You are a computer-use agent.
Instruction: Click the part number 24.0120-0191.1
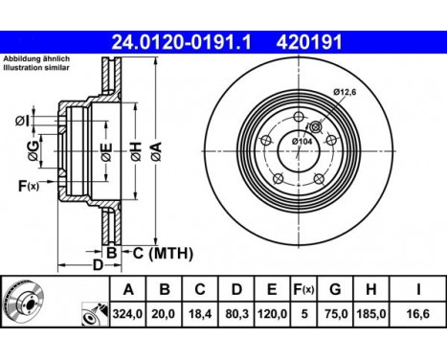coord(182,42)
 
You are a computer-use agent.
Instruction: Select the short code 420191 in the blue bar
coord(309,42)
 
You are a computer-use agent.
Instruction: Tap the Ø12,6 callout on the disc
coord(345,93)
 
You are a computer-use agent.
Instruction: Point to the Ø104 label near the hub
coord(302,141)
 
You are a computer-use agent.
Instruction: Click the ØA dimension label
coord(157,151)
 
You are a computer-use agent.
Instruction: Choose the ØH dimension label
coord(136,151)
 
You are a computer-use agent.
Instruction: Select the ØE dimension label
coord(106,152)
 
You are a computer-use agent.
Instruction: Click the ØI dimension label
coord(22,121)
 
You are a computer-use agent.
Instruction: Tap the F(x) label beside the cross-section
coord(29,186)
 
